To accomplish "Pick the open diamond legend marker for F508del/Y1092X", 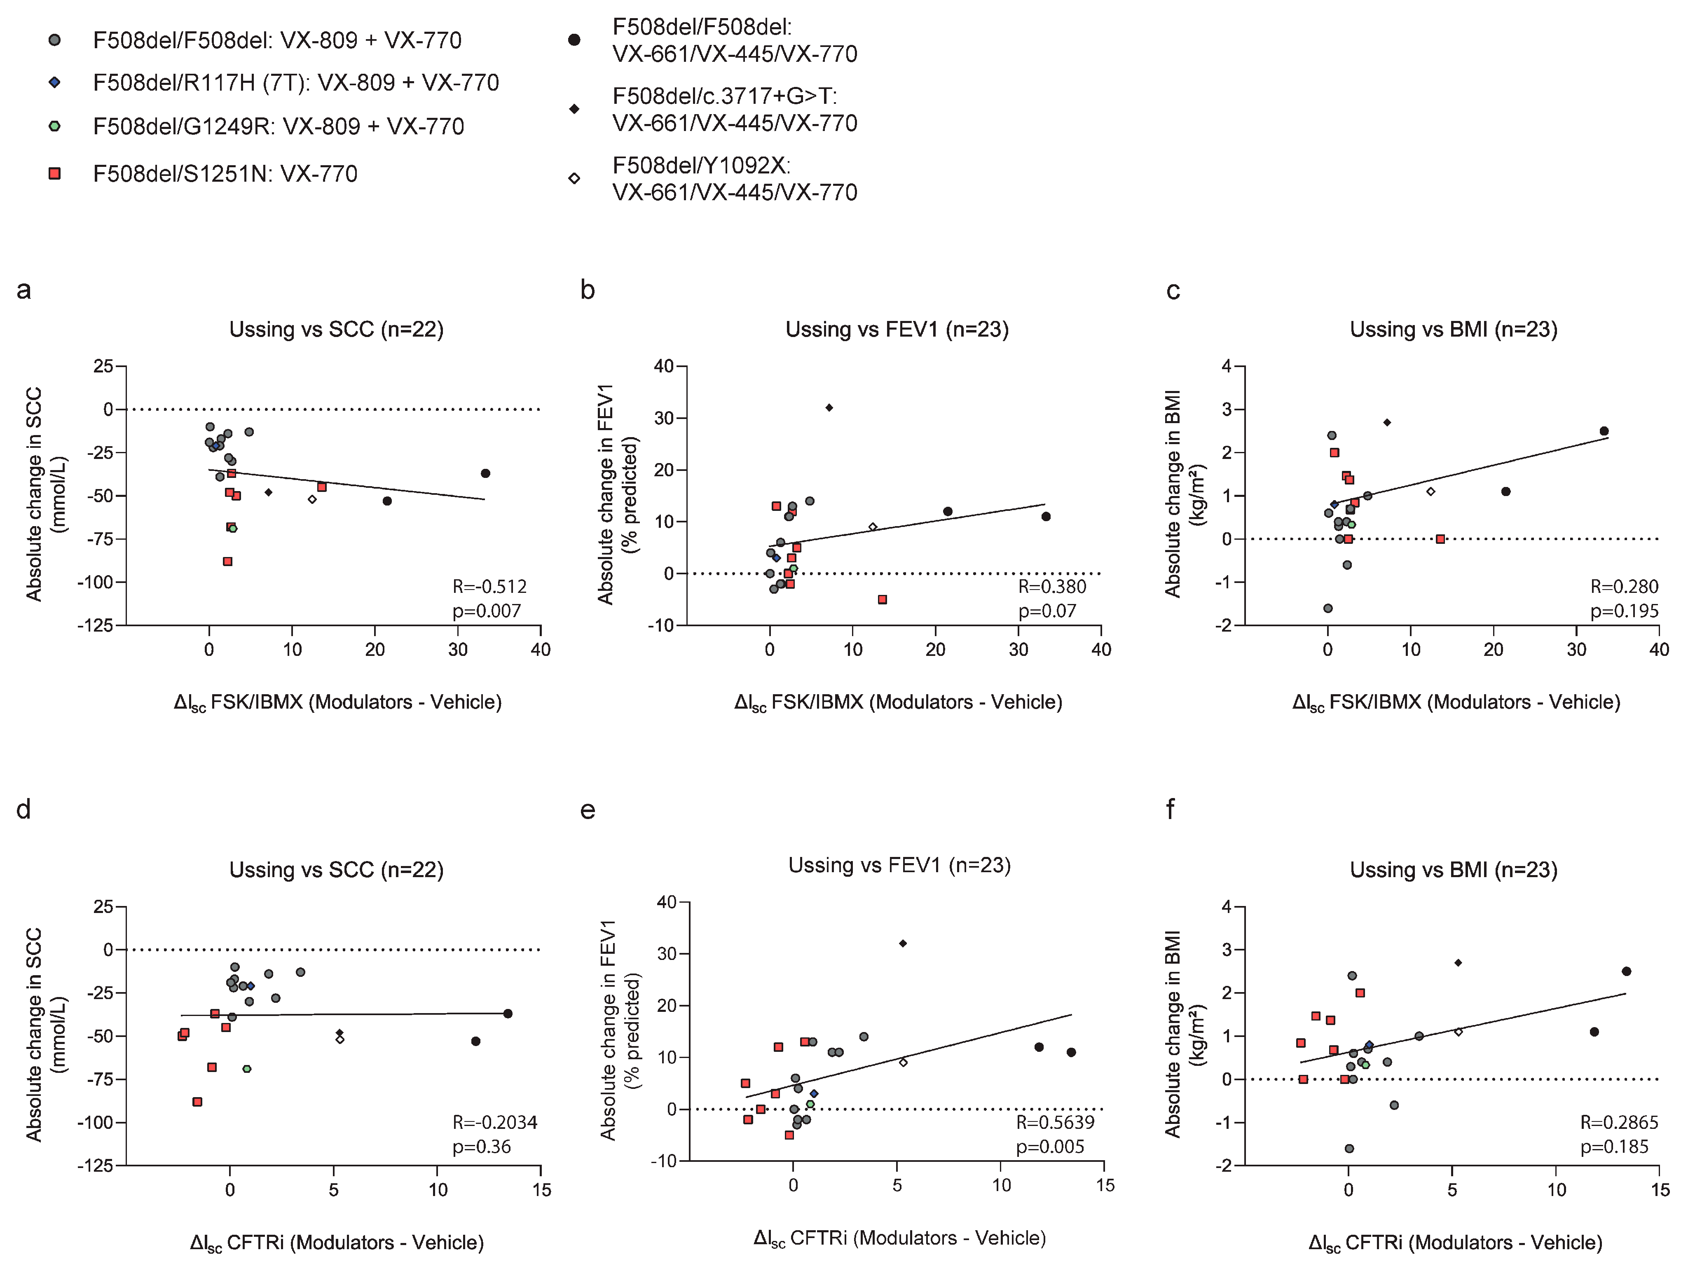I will point(574,179).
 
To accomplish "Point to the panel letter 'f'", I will point(1171,810).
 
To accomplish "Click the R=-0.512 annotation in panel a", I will point(489,586).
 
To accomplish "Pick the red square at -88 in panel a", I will point(227,562).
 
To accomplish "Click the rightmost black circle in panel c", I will point(1604,431).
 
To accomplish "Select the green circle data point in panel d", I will point(247,1069).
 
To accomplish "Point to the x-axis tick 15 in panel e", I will point(1105,1186).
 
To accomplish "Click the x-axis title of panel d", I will point(337,1243).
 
